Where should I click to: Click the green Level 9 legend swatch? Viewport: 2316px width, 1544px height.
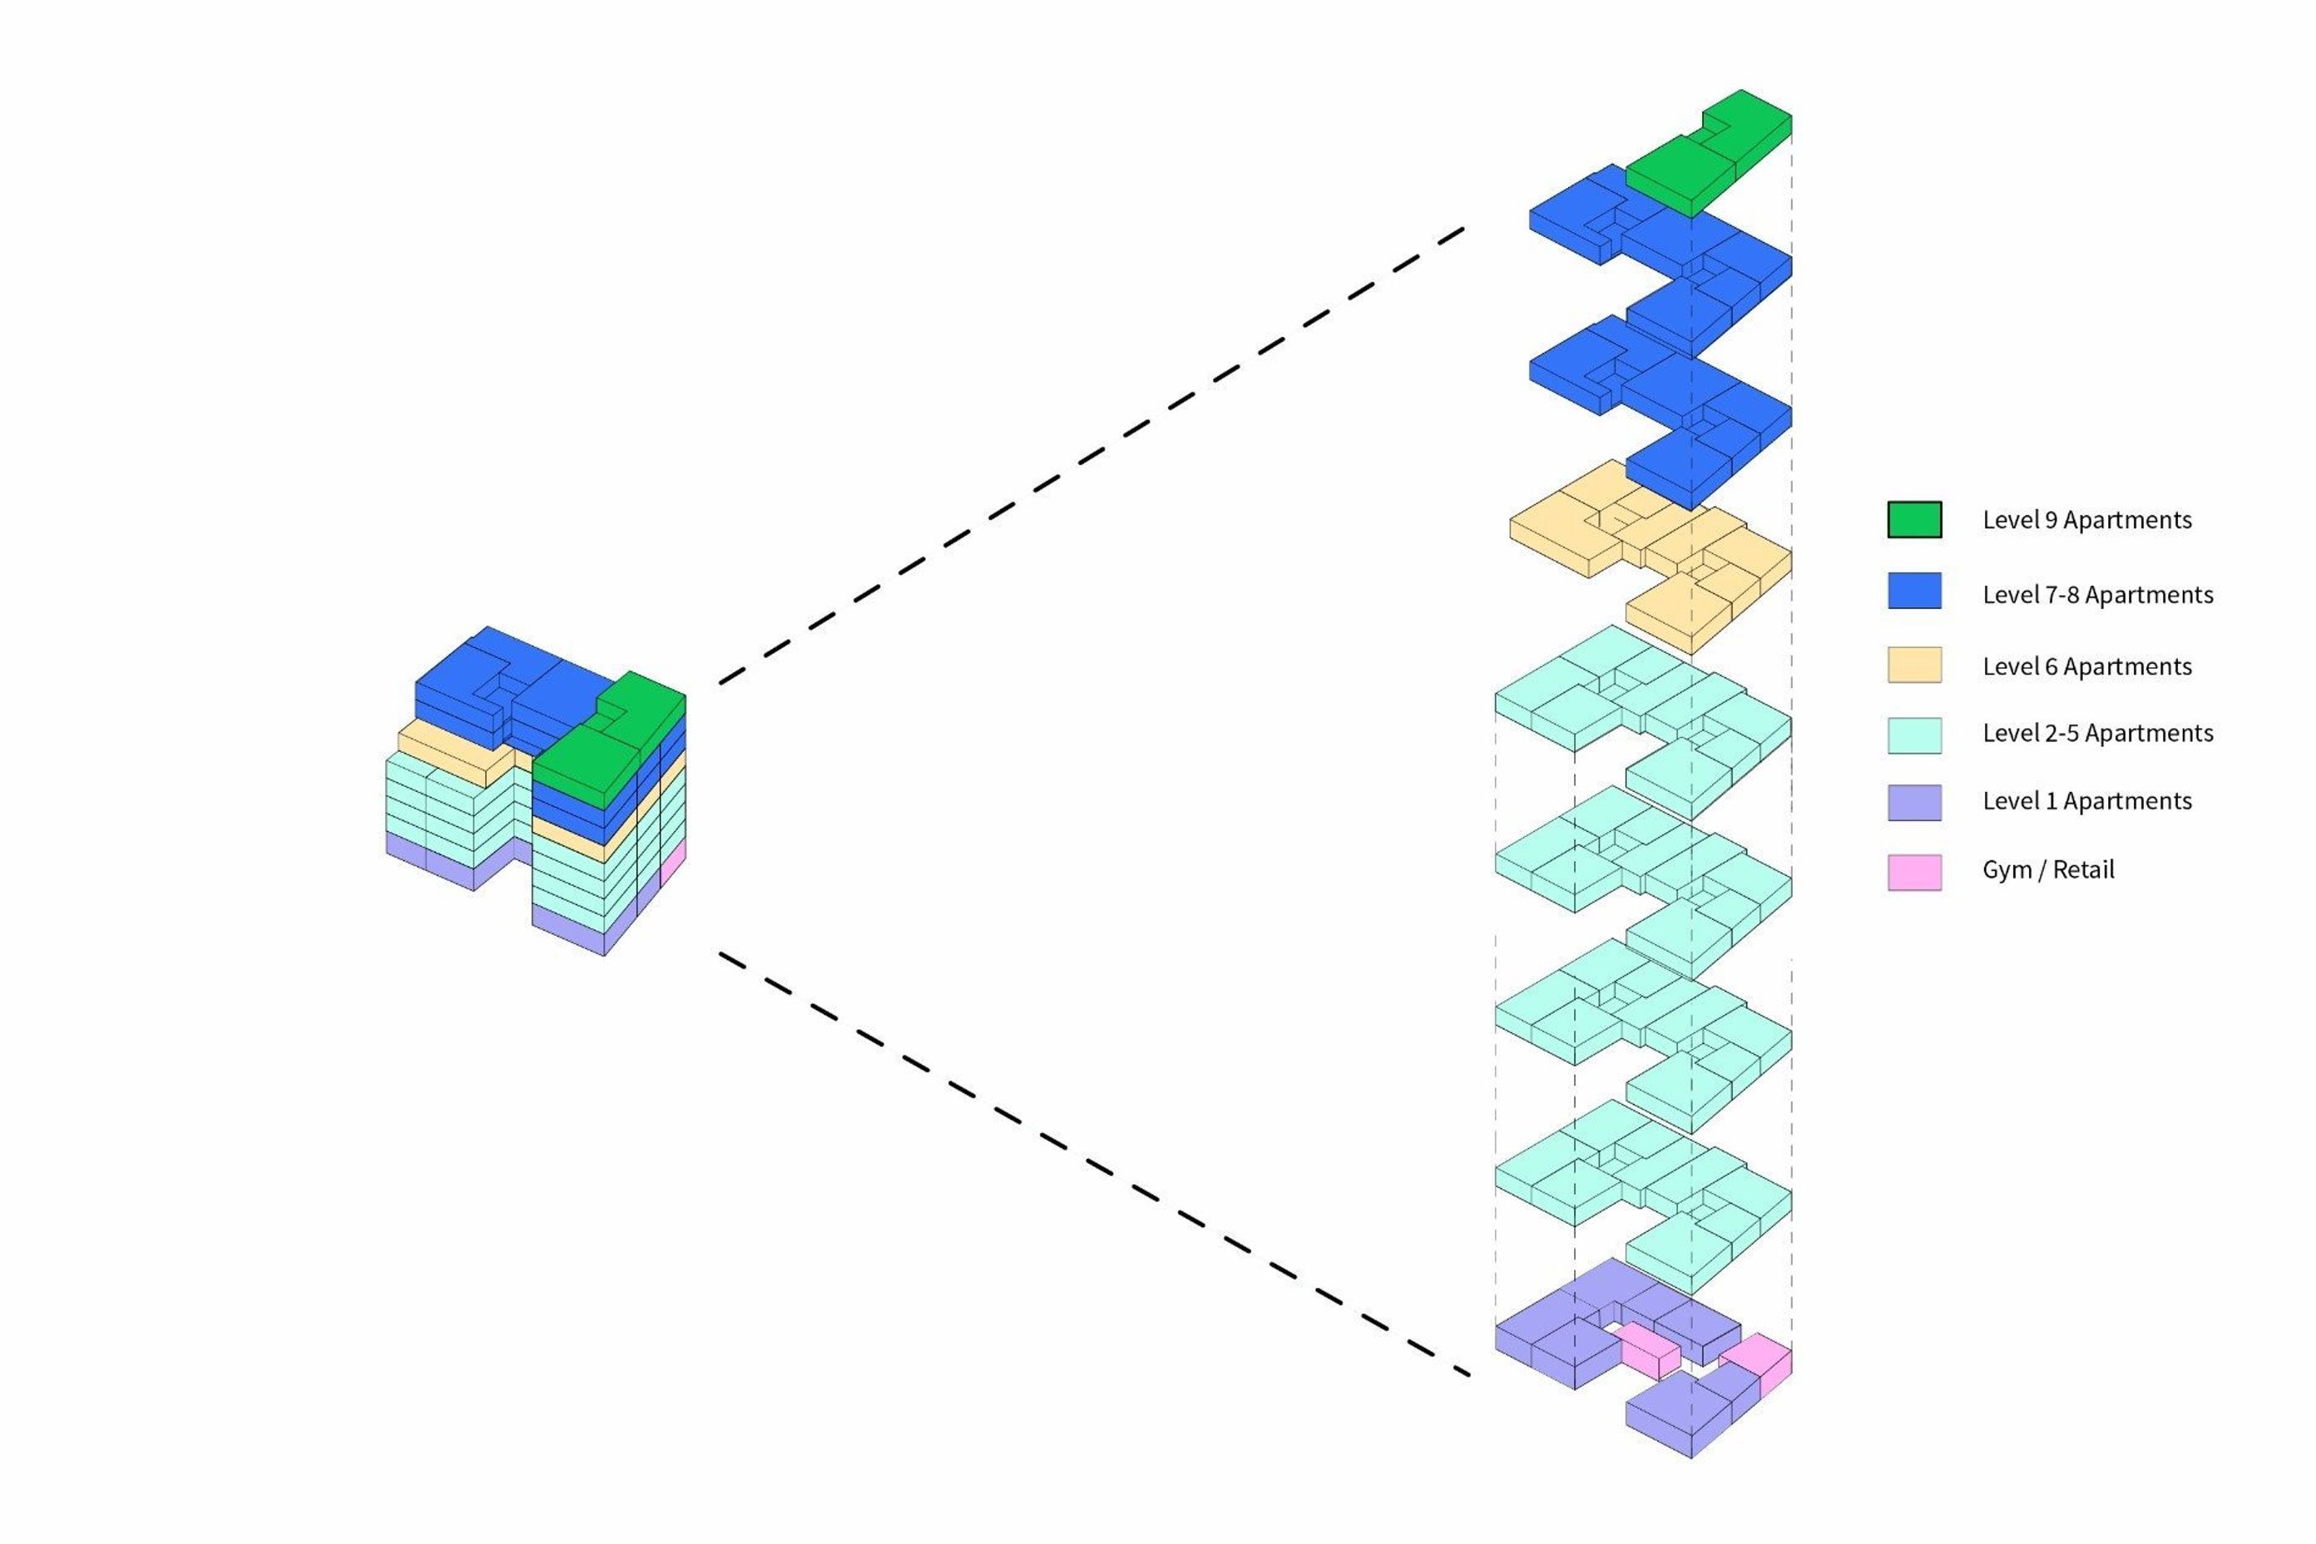point(1914,519)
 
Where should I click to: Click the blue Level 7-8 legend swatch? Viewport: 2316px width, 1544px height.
point(1914,591)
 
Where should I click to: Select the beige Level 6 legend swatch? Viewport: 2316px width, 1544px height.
point(1914,665)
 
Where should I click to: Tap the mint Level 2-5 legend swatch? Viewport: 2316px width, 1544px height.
point(1914,735)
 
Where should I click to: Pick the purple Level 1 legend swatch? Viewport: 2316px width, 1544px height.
point(1914,802)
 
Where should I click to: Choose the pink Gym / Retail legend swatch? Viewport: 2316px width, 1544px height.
point(1914,872)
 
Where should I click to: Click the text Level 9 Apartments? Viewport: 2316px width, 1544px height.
point(2086,520)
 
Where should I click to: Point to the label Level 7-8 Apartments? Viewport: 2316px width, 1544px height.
point(2097,595)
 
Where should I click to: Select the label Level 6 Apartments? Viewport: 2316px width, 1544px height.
point(2086,666)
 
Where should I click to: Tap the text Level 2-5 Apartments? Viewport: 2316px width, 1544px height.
point(2097,734)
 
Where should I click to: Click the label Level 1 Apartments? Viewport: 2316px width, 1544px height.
point(2086,802)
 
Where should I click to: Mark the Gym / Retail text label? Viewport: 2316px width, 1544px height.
point(2048,870)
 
